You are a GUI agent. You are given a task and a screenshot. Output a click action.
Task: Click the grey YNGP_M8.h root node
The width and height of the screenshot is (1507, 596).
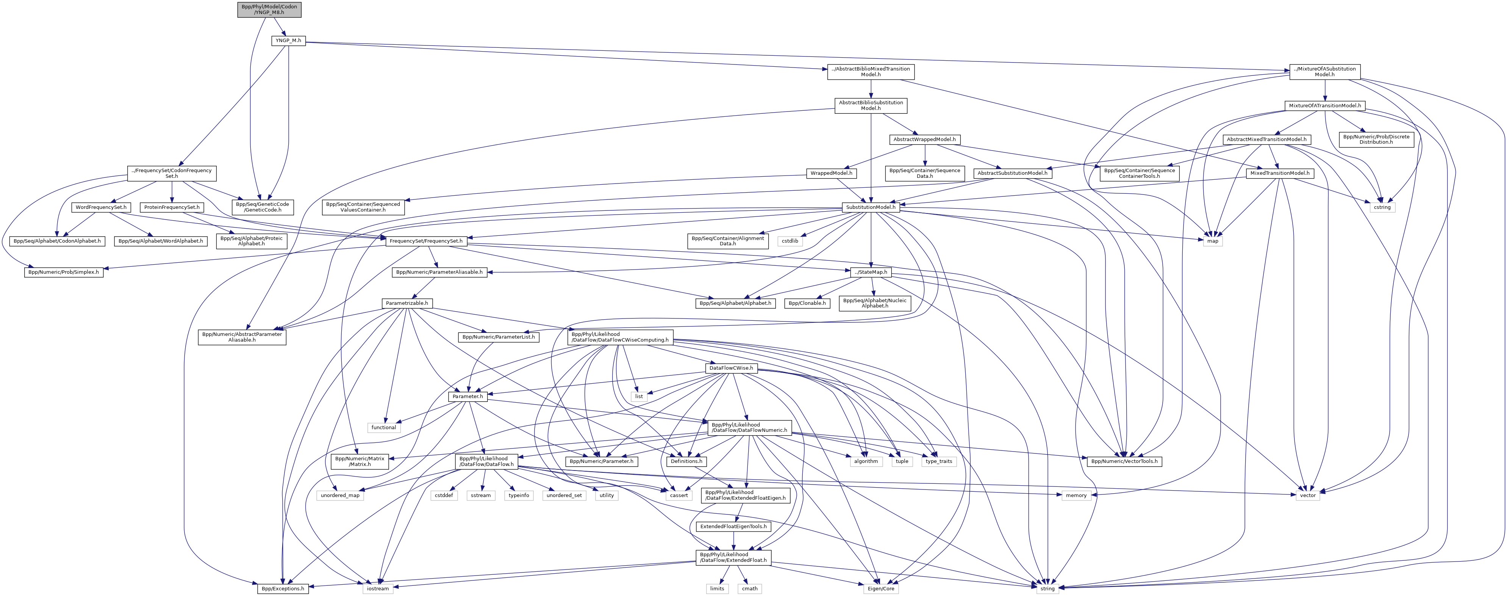pos(269,9)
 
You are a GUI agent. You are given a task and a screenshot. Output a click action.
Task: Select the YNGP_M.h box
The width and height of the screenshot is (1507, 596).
pos(288,41)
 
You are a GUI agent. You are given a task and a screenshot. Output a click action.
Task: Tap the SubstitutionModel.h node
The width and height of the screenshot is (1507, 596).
pos(871,207)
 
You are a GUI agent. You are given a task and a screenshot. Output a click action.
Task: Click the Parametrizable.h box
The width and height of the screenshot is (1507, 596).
pos(407,303)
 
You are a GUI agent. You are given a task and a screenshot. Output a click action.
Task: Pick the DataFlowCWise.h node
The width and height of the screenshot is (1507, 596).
pos(731,368)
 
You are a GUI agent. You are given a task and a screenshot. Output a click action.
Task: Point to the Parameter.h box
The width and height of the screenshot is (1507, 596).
pos(467,396)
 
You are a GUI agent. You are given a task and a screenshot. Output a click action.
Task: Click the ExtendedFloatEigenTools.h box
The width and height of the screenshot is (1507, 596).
pos(733,526)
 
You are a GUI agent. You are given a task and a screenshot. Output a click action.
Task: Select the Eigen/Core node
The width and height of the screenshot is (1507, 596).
pos(880,588)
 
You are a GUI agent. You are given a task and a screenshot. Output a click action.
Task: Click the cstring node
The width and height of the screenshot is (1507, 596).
pos(1382,207)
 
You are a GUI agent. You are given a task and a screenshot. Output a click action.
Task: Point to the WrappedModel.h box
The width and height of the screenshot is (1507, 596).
pos(831,173)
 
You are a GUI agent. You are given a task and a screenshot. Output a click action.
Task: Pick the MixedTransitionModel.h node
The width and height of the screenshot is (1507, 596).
pos(1279,173)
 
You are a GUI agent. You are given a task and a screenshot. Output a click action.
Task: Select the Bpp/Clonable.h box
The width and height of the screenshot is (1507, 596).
pos(807,303)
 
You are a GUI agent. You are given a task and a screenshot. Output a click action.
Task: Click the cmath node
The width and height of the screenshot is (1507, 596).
pos(750,588)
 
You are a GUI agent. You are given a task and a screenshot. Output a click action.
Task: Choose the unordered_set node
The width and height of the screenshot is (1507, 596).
pos(564,495)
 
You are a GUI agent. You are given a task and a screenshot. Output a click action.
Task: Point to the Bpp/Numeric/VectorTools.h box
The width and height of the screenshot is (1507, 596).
pos(1124,461)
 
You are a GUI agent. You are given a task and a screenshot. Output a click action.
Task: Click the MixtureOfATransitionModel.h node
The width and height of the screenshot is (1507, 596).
pos(1324,105)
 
